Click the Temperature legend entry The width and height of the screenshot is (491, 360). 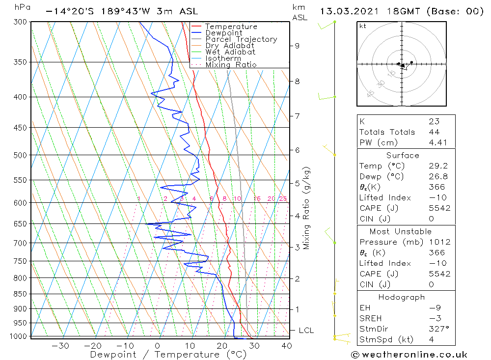tap(231, 27)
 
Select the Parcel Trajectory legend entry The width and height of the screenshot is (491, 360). tap(241, 39)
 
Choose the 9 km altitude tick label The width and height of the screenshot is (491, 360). tap(297, 46)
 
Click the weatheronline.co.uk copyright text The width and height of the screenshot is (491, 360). tap(409, 355)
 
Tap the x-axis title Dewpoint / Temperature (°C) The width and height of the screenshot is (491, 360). tap(168, 355)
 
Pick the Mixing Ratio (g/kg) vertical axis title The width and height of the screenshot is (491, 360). tap(307, 208)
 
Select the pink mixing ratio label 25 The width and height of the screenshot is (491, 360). tap(283, 199)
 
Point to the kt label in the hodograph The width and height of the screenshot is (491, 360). tap(362, 26)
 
